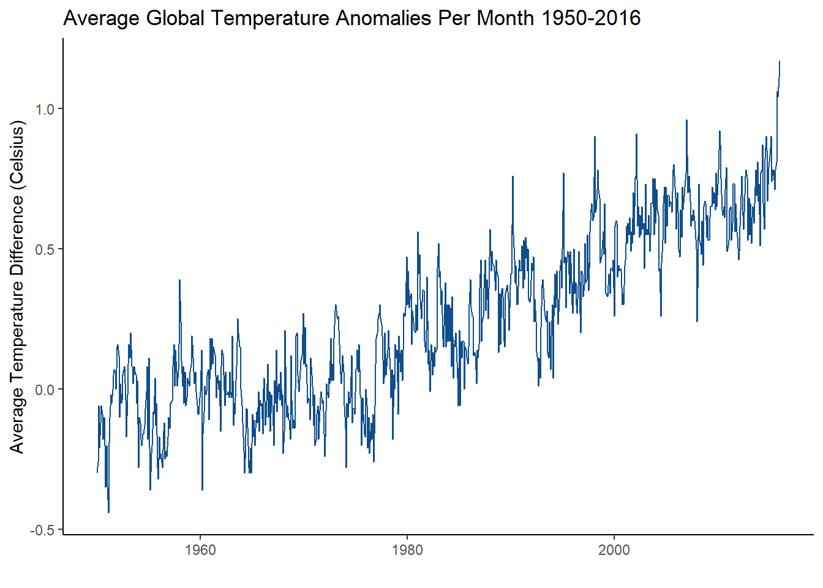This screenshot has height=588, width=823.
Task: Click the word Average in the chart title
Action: point(102,18)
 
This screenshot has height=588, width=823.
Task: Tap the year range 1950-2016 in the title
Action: point(591,18)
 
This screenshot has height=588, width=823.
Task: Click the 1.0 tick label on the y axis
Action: point(45,109)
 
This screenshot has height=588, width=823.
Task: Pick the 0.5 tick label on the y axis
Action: point(45,249)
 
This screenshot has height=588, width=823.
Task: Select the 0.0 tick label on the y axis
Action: point(45,390)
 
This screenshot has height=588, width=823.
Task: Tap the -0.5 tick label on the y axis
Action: point(42,530)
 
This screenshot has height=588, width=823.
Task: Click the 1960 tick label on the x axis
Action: point(200,550)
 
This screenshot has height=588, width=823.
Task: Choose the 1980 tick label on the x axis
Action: point(407,550)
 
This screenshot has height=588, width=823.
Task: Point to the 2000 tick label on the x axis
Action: point(614,550)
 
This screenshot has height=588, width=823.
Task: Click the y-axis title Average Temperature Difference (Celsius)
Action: point(17,287)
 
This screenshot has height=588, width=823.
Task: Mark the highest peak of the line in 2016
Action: point(780,61)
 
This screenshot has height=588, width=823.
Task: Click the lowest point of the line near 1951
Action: point(108,512)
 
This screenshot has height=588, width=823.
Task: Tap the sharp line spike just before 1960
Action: point(179,281)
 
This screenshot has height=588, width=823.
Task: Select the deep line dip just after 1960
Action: point(202,489)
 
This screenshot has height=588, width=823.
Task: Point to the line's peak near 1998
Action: point(594,137)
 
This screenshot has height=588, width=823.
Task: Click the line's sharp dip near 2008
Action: point(697,321)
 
